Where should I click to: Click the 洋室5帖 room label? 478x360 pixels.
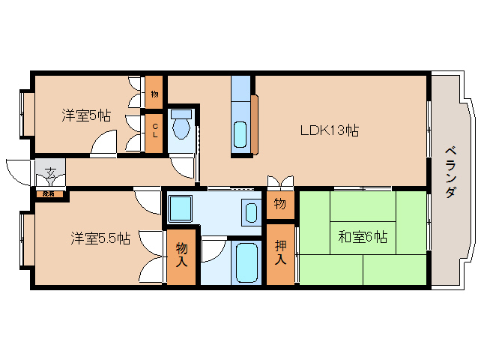86,115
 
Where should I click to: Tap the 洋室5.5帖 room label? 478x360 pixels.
100,238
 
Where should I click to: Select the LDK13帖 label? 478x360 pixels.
329,130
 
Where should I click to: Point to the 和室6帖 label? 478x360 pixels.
362,238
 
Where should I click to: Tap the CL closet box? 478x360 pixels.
154,132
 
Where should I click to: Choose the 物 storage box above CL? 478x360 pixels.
154,94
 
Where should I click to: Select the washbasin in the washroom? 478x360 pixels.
251,211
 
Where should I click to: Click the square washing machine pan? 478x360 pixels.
180,208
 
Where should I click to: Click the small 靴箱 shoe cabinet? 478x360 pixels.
49,194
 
